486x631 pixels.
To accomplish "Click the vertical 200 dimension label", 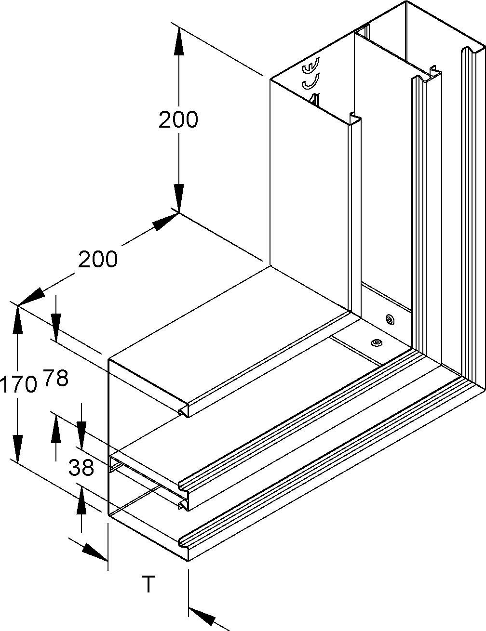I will pyautogui.click(x=178, y=119).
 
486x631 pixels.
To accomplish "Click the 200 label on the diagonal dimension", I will pyautogui.click(x=98, y=260).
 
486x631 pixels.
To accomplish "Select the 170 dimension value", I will pyautogui.click(x=18, y=385).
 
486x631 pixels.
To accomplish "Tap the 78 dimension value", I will pyautogui.click(x=56, y=378).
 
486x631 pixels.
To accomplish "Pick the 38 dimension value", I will pyautogui.click(x=81, y=467).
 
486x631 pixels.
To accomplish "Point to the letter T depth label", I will pyautogui.click(x=148, y=584).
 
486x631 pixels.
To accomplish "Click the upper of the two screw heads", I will pyautogui.click(x=390, y=319).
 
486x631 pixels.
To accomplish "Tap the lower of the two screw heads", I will pyautogui.click(x=375, y=342).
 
